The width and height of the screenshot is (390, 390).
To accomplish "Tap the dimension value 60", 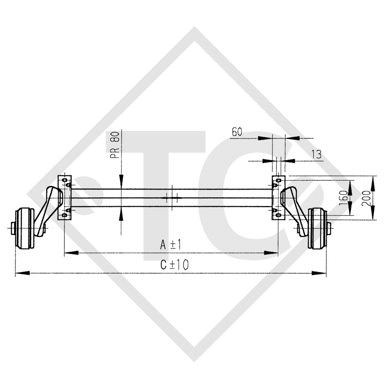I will click(x=237, y=132).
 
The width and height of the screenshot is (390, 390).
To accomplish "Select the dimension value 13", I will click(x=316, y=154).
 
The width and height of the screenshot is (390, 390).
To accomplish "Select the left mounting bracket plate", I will click(x=63, y=198).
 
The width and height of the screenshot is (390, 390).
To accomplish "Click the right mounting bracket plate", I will click(x=277, y=198).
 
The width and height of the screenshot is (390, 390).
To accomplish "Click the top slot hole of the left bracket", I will click(x=64, y=179).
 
